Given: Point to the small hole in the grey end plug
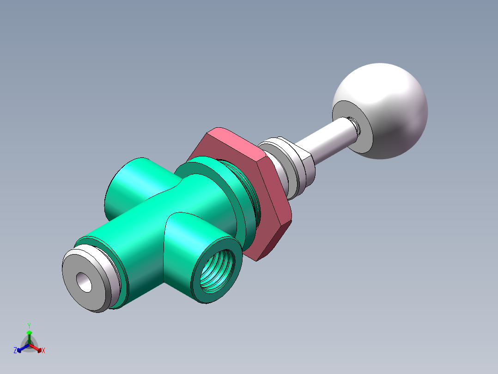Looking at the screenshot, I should point(85,281).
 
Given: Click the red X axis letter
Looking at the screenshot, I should point(43,351).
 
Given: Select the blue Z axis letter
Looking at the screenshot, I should point(15,351).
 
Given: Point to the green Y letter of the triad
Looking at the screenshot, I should point(29,325).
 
